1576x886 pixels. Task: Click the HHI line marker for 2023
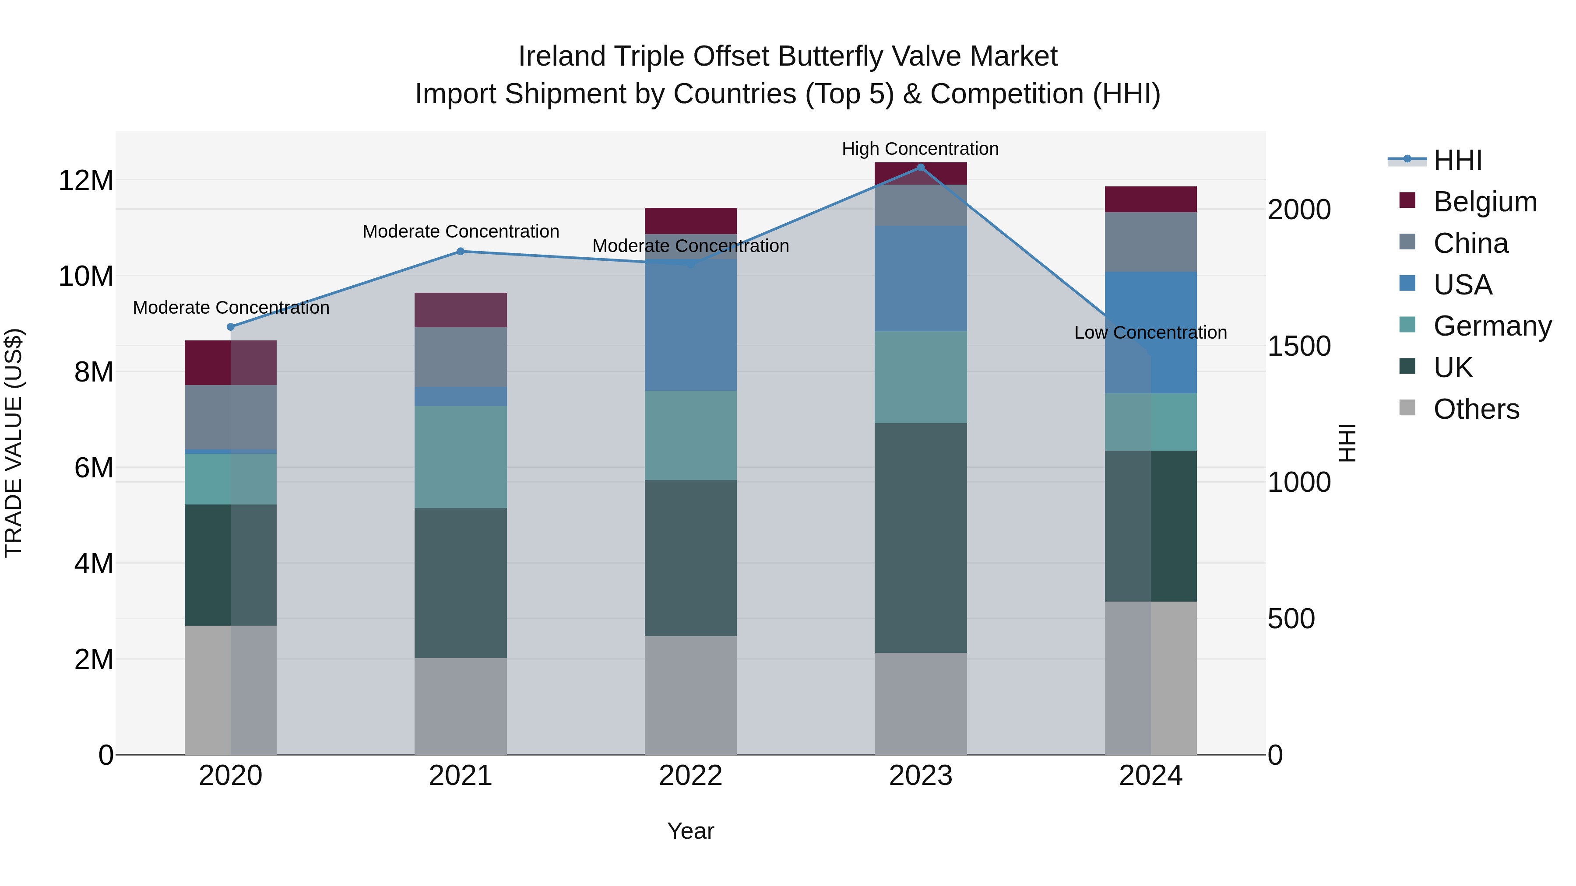click(920, 168)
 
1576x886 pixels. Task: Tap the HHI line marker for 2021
click(461, 251)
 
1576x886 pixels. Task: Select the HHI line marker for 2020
click(231, 327)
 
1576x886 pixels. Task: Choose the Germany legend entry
click(1492, 326)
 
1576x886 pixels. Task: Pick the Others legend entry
click(1476, 409)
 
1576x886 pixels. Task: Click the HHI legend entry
click(1457, 160)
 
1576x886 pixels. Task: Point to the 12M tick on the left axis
click(86, 180)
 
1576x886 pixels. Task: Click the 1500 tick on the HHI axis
click(1299, 346)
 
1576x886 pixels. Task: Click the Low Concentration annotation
click(1150, 333)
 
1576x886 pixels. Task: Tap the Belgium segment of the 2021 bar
click(461, 310)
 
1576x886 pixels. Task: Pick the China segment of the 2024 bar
click(1150, 242)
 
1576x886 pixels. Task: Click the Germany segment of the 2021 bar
click(461, 457)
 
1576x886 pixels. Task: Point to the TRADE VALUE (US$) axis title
click(14, 443)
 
